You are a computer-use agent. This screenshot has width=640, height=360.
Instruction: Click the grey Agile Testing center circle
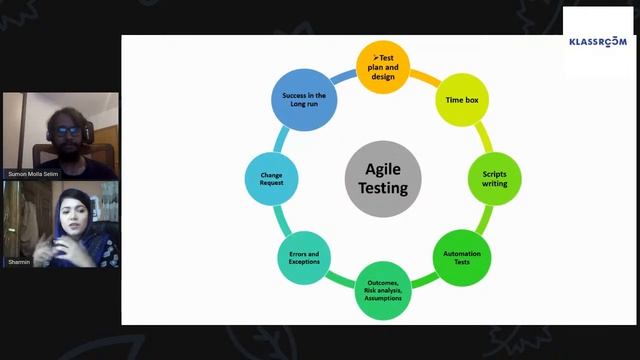pos(383,178)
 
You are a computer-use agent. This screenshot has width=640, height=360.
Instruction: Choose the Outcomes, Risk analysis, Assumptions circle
pos(383,291)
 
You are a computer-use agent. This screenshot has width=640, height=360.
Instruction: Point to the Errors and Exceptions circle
pos(304,258)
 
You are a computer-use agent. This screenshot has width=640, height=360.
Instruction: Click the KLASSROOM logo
pos(597,41)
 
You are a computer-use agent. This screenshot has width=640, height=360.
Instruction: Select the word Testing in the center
pos(383,187)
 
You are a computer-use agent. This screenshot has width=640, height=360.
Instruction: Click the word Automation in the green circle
pos(461,253)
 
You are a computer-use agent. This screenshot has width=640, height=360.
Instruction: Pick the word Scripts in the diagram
pos(494,175)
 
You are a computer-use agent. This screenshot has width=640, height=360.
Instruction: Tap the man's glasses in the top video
pos(67,129)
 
